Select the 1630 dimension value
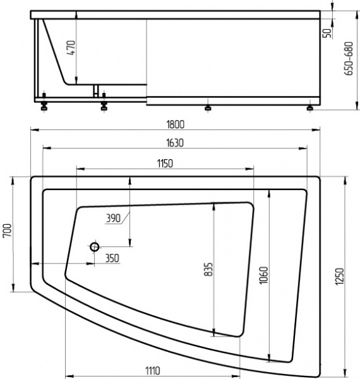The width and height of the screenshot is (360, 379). coord(176,143)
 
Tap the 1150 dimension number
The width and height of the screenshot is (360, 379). coord(164,163)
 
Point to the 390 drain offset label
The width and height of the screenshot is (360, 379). coord(113,218)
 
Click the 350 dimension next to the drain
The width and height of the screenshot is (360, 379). coord(112,258)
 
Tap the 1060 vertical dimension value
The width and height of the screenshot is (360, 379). coord(263,275)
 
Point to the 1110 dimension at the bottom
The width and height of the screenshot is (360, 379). coord(150,371)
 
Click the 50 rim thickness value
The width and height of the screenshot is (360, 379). coord(327,33)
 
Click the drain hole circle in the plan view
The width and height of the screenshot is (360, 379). coord(95,246)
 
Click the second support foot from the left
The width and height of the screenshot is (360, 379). coord(104,106)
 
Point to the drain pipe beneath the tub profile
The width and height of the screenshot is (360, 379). coord(97,90)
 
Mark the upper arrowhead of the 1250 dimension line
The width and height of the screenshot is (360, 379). coord(344,179)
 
